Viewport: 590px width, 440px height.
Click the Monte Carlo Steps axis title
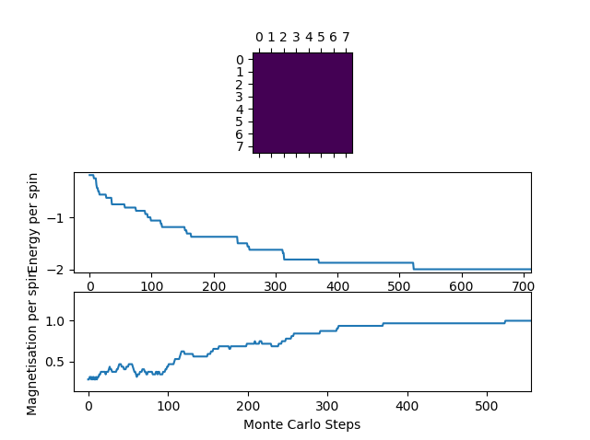pyautogui.click(x=301, y=425)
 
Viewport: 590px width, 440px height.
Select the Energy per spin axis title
pyautogui.click(x=33, y=223)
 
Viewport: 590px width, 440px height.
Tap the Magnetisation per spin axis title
pyautogui.click(x=33, y=342)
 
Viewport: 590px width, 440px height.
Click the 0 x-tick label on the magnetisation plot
pyautogui.click(x=88, y=406)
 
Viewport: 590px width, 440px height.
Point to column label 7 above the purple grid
pyautogui.click(x=346, y=38)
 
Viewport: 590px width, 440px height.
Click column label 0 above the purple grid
pyautogui.click(x=259, y=38)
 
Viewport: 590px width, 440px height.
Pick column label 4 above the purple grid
pyautogui.click(x=309, y=38)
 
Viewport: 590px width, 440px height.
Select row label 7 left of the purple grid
pyautogui.click(x=239, y=146)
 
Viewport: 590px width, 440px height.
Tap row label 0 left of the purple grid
pyautogui.click(x=239, y=59)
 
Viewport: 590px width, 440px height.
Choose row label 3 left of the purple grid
pyautogui.click(x=239, y=97)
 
